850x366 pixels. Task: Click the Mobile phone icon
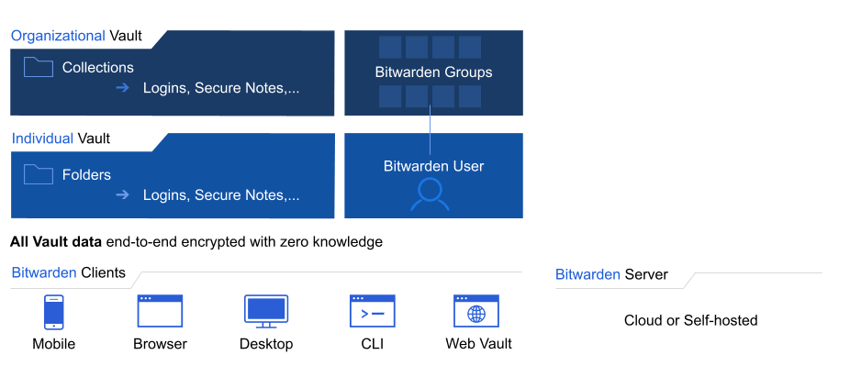[53, 311]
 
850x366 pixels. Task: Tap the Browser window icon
[160, 311]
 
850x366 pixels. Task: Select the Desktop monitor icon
[266, 311]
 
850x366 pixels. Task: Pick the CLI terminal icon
[372, 311]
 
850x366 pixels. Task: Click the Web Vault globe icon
[476, 311]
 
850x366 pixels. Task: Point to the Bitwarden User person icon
[430, 194]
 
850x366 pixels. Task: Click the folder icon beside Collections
[39, 67]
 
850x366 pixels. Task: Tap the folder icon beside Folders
[39, 174]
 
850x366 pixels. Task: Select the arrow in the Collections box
[123, 88]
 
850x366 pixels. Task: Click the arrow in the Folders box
[123, 194]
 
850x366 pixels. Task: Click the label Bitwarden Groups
[433, 72]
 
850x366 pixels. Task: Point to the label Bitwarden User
[433, 166]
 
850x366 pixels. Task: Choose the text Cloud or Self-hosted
[690, 320]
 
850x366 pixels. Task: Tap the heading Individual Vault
[61, 139]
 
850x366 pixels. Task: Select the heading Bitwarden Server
[611, 274]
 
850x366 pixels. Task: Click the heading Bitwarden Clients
[68, 273]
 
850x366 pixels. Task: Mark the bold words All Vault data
[56, 242]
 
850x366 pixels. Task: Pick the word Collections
[97, 67]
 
